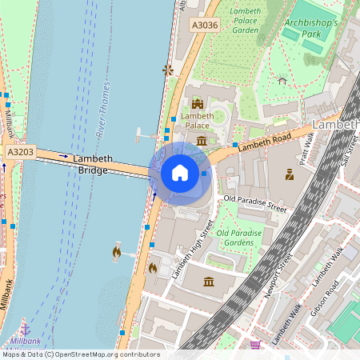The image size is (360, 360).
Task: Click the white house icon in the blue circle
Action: tap(180, 173)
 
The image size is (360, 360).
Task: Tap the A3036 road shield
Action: tap(205, 26)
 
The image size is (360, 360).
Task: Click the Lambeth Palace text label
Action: tap(198, 121)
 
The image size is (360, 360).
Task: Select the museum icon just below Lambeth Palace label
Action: tap(201, 141)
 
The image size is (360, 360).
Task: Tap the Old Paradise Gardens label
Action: tap(239, 237)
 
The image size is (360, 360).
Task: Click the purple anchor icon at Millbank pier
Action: tap(24, 329)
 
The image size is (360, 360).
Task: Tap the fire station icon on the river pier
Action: tap(118, 252)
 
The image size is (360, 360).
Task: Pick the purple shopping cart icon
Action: tap(255, 345)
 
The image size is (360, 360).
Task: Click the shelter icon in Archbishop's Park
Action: tap(282, 79)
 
